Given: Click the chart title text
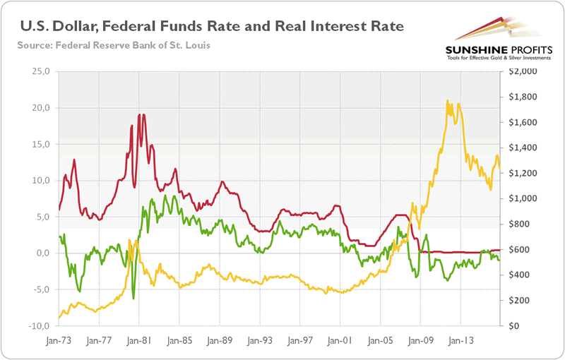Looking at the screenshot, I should click(x=211, y=27).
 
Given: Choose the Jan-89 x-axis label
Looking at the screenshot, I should click(x=220, y=338).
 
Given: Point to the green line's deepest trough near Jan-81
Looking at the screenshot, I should click(x=133, y=299).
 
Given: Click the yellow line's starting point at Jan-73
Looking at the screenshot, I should click(x=59, y=318).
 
